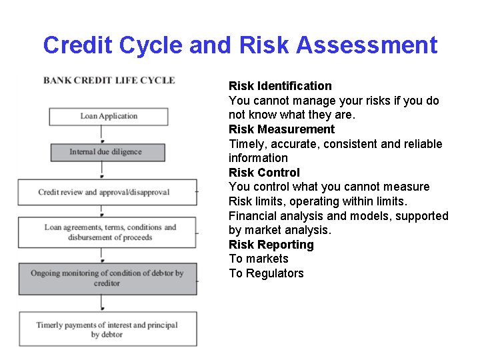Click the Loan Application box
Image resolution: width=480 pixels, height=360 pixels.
coord(108,116)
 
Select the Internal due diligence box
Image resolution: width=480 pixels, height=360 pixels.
coord(108,152)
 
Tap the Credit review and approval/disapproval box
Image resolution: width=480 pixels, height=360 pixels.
coord(107,192)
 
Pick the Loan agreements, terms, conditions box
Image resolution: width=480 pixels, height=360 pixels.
coord(107,232)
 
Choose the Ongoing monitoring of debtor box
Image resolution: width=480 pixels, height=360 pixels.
coord(107,278)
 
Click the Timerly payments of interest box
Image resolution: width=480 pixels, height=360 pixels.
coord(107,329)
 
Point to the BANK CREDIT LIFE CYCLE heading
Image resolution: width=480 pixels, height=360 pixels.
coord(109,81)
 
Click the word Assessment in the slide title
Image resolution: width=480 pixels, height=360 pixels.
coord(367,45)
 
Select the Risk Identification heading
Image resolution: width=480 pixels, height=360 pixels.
coord(280,86)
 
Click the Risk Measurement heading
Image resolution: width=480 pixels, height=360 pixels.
coord(281,129)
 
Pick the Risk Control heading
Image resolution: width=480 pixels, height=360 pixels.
coord(264,173)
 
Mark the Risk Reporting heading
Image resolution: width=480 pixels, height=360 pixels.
coord(271,245)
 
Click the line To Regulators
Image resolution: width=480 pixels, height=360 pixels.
coord(266,273)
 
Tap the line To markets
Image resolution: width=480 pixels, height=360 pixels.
coord(259,259)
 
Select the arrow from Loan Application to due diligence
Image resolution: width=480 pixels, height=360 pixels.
coord(102,134)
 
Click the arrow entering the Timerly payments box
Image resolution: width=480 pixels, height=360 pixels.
coord(102,304)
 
